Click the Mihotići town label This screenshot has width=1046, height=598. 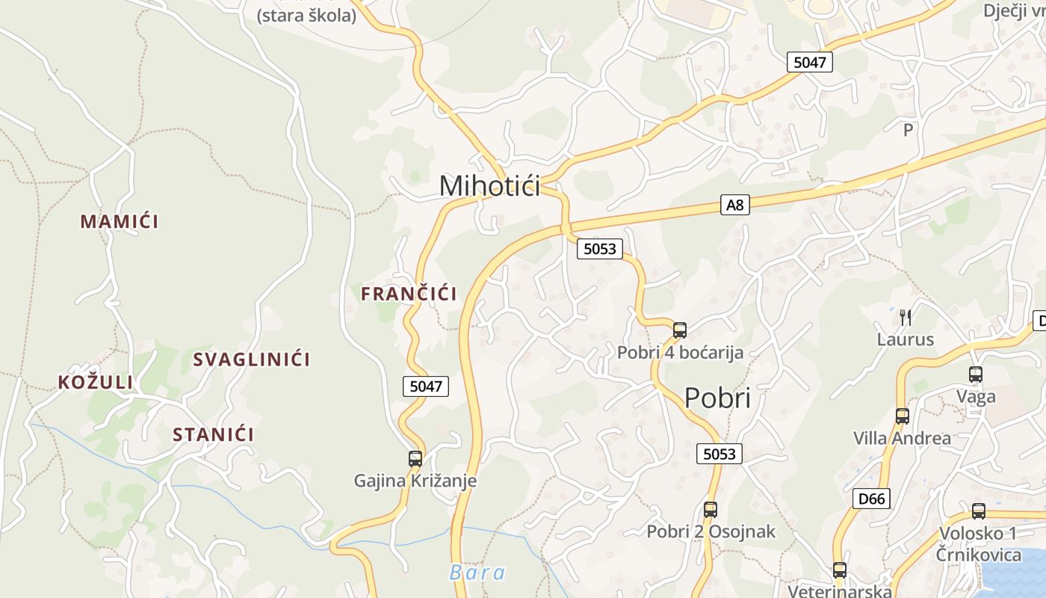coord(489,185)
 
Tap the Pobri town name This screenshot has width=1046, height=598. coord(717,398)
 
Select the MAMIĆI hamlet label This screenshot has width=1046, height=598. coord(120,221)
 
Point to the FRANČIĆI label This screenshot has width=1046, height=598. coord(409,294)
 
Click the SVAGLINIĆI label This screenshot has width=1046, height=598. coord(252,360)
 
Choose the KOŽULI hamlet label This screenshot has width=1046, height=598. coord(96,383)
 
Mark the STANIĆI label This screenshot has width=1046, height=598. coord(214,434)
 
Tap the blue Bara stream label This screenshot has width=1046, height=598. coord(477,573)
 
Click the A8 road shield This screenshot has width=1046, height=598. coord(735,204)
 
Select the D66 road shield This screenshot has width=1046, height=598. coord(871,498)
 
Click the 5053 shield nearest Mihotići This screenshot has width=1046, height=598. coord(599,249)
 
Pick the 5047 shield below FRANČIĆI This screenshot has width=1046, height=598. coord(426,386)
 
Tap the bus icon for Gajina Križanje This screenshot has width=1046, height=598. coord(415,458)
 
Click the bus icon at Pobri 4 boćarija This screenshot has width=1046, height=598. coord(680,330)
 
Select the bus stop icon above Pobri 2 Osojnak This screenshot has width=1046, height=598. coord(711,510)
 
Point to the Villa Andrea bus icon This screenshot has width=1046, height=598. coord(903,416)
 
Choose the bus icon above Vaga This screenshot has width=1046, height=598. coord(976,374)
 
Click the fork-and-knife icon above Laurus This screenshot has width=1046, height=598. coord(906,318)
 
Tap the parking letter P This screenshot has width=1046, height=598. coord(909,130)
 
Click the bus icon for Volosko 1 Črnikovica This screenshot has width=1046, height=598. coord(979,511)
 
